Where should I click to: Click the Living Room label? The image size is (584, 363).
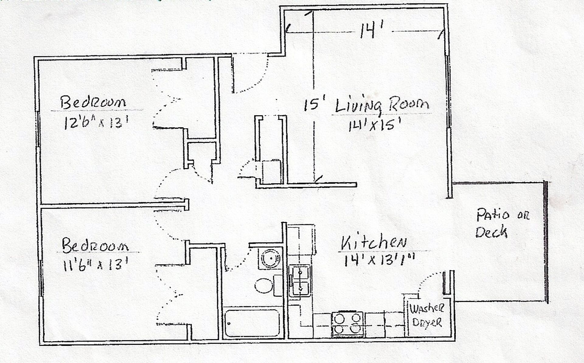(x=382, y=105)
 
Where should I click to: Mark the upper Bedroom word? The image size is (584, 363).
(x=93, y=103)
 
